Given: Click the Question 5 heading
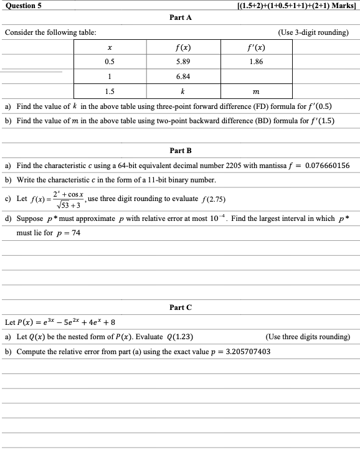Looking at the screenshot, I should pyautogui.click(x=22, y=5).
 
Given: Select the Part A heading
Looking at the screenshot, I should pyautogui.click(x=180, y=18).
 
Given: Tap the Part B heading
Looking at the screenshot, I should pyautogui.click(x=180, y=151).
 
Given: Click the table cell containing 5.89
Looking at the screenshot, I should pyautogui.click(x=182, y=62).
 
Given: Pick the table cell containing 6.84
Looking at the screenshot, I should pyautogui.click(x=182, y=77).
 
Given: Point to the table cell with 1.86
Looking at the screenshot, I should pyautogui.click(x=255, y=62).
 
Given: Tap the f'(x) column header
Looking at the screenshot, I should pyautogui.click(x=255, y=47).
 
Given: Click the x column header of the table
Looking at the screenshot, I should pyautogui.click(x=110, y=47).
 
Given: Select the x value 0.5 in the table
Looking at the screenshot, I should pyautogui.click(x=110, y=62).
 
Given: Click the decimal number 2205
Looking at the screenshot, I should pyautogui.click(x=200, y=166).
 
